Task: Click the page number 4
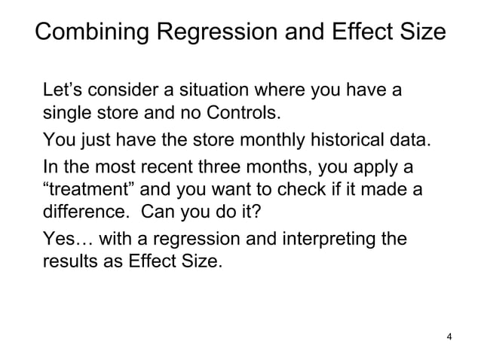point(450,336)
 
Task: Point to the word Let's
point(63,92)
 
